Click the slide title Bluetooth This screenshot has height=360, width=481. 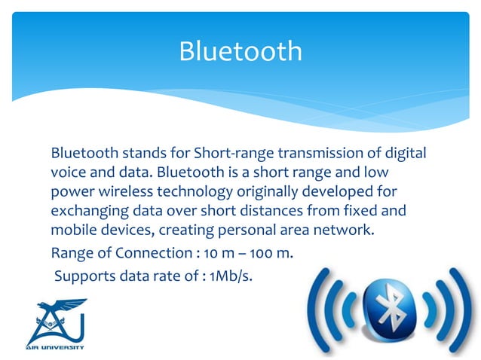240,51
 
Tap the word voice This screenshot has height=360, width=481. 67,172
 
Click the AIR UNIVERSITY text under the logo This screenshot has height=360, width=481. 57,347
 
